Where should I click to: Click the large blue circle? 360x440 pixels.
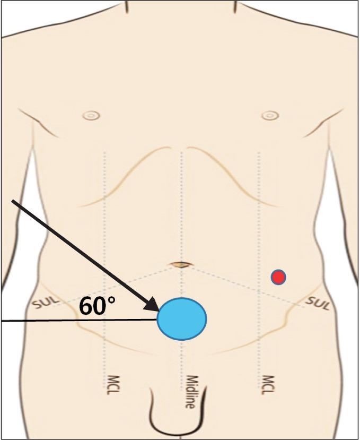(182, 319)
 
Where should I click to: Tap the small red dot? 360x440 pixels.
(278, 277)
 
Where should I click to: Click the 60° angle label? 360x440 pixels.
(97, 306)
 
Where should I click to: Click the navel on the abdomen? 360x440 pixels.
(181, 264)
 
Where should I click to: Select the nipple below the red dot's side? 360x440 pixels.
(270, 115)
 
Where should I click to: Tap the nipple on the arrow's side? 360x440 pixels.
(92, 115)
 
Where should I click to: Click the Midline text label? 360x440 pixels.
(189, 392)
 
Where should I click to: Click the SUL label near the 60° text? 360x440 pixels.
(45, 304)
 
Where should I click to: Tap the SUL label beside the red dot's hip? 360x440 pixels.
(318, 303)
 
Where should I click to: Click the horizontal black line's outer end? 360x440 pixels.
(2, 321)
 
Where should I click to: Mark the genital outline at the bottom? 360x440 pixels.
(176, 419)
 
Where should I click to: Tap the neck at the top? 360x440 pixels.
(181, 16)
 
